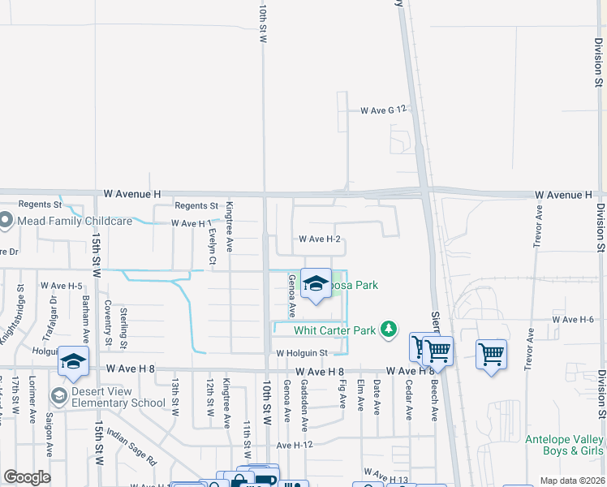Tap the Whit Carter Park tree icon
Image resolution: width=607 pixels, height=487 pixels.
coord(390,329)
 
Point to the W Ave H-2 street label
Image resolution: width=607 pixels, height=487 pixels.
coord(319,239)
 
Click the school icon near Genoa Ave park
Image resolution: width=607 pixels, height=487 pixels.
coord(316,283)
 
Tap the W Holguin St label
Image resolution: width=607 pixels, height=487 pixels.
coord(301,353)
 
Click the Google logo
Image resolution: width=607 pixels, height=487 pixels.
coord(27,477)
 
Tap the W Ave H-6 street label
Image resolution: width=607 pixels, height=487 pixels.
coord(575,320)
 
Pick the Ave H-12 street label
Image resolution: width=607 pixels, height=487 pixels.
coord(295,446)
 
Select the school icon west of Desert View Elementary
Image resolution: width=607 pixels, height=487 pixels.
coord(73,362)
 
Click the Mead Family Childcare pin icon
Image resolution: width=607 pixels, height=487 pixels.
coord(6,220)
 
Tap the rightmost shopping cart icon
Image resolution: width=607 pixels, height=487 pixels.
coord(491,354)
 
